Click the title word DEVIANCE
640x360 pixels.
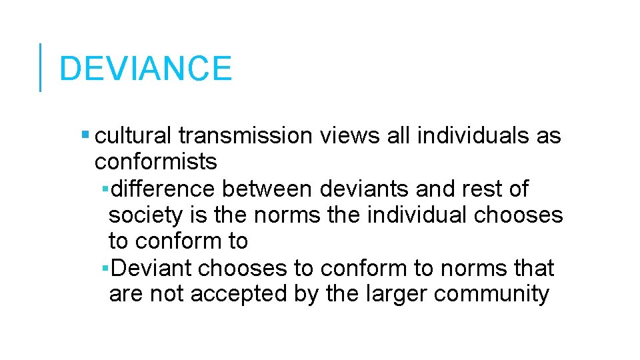[x=145, y=69]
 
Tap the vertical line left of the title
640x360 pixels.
[x=40, y=67]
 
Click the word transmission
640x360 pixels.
[x=245, y=136]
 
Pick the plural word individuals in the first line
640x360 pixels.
[x=473, y=136]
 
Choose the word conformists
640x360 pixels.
[x=155, y=162]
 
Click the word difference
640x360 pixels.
[x=163, y=189]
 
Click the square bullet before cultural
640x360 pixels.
[x=84, y=135]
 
